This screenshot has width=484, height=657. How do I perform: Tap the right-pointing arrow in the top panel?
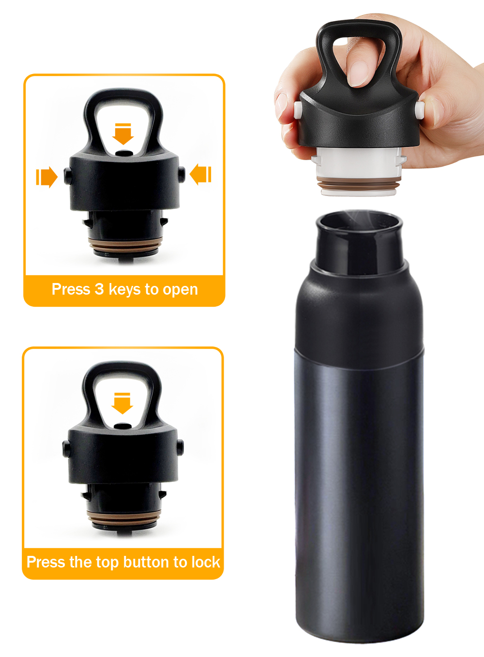(x=46, y=177)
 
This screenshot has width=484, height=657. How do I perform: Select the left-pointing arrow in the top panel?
(x=200, y=174)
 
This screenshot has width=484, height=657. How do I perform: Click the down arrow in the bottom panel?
(x=122, y=403)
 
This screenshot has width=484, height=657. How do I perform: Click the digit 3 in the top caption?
(x=99, y=289)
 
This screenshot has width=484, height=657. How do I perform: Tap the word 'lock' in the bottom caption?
(x=206, y=562)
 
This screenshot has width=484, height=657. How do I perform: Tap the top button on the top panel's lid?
(x=124, y=153)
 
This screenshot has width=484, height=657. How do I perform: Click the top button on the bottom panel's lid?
(x=122, y=426)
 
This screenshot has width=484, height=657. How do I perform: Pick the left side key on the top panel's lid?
(x=67, y=176)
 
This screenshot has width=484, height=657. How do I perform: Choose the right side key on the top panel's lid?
(x=181, y=174)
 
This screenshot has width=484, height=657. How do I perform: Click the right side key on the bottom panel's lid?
(x=181, y=447)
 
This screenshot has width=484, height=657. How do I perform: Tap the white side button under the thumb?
(x=420, y=110)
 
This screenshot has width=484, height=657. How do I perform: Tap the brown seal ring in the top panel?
(x=125, y=245)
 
